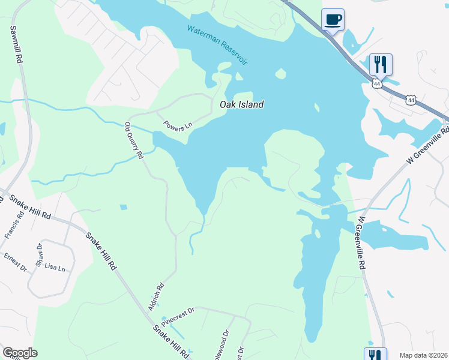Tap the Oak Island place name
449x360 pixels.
[241, 104]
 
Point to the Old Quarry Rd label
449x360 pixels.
[134, 140]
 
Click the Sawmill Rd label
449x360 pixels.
[16, 44]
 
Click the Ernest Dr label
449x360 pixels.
[15, 262]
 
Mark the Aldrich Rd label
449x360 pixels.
[156, 297]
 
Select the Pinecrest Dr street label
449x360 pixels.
[178, 316]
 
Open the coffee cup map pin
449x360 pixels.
[333, 20]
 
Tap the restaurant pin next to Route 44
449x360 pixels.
[380, 64]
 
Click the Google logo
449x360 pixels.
[20, 353]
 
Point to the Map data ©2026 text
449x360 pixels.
[423, 355]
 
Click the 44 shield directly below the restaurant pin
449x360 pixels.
[376, 85]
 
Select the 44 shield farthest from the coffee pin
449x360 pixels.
[410, 100]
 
